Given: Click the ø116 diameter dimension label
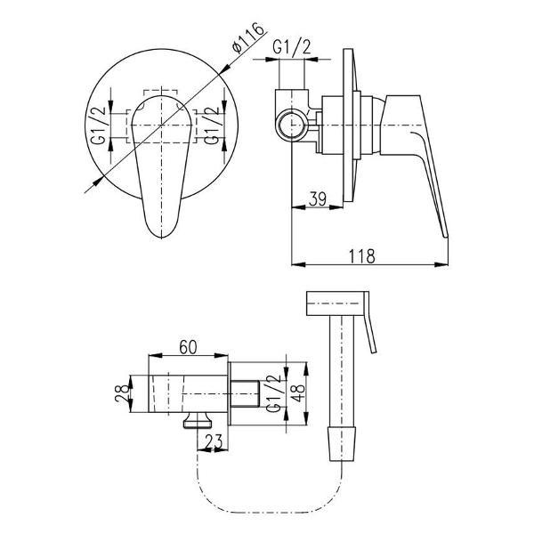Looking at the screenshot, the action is (x=248, y=37).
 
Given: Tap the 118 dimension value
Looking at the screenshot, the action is (x=361, y=256).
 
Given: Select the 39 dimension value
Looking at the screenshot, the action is (x=318, y=199).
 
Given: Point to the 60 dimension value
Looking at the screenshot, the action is (x=189, y=347).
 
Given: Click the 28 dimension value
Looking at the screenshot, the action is (x=122, y=393).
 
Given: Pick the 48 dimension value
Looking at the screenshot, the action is (x=298, y=393).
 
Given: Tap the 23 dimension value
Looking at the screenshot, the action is (x=214, y=441).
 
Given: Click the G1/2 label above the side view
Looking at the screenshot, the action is (x=292, y=47).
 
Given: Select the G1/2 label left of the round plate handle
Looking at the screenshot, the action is (x=98, y=125).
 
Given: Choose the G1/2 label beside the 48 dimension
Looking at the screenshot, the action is (x=272, y=393).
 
